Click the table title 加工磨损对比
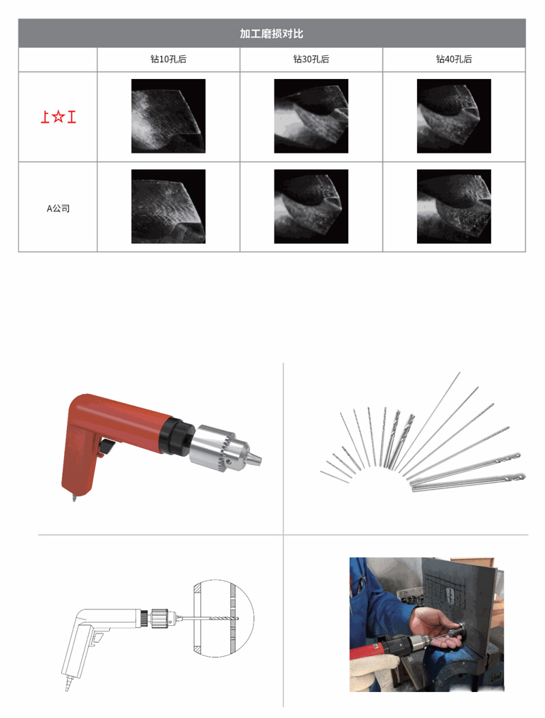pos(271,33)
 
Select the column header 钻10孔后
pos(168,59)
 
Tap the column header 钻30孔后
pos(311,59)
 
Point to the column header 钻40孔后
pos(454,59)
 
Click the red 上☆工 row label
pos(58,117)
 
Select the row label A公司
pos(58,209)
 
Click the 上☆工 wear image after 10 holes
pos(168,116)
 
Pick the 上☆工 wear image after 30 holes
pos(311,116)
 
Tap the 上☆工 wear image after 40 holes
pos(454,116)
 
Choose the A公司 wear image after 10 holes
pos(168,207)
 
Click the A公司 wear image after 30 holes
pos(311,207)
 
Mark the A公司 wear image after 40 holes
pos(454,207)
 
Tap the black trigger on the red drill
pos(106,447)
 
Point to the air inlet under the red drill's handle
pos(73,497)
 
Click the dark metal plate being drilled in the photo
pos(460,614)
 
